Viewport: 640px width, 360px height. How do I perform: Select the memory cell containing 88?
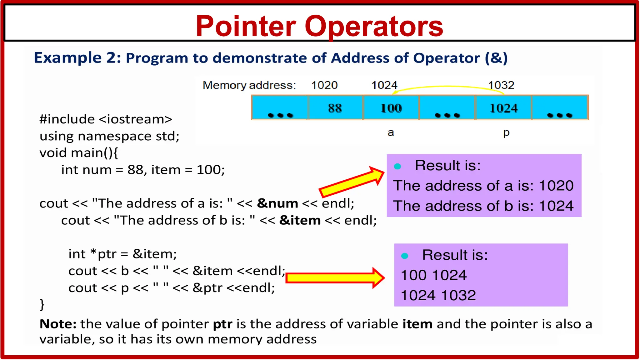click(x=335, y=108)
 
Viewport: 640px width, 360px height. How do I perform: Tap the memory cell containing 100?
click(x=391, y=108)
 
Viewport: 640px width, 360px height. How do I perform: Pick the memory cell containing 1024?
click(x=503, y=108)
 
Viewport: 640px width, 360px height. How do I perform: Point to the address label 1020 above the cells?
click(x=324, y=85)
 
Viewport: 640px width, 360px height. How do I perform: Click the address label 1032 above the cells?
click(x=501, y=85)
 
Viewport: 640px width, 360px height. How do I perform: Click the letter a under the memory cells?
click(x=391, y=132)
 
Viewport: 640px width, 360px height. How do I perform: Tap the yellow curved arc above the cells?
click(x=447, y=87)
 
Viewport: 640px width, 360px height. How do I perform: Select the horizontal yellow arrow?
click(x=334, y=277)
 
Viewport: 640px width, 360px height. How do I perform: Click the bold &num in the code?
click(x=277, y=203)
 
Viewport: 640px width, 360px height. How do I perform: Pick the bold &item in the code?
click(x=300, y=220)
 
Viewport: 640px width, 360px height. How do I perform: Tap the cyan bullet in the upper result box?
click(x=397, y=166)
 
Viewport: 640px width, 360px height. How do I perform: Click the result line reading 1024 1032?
click(x=438, y=295)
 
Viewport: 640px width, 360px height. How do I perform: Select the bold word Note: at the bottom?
click(x=58, y=324)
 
